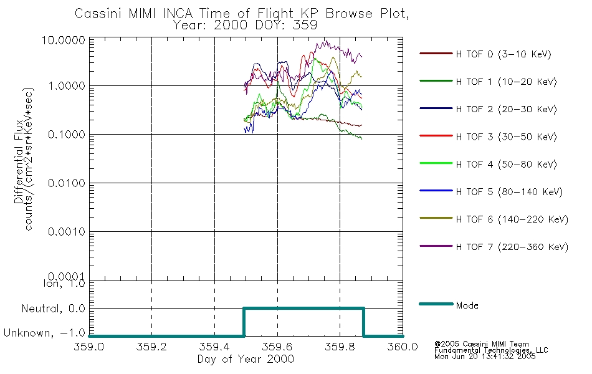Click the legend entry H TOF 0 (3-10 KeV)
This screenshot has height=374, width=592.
[504, 54]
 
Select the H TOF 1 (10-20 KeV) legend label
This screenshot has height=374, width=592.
[506, 82]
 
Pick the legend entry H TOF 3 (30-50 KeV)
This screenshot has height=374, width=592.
[506, 137]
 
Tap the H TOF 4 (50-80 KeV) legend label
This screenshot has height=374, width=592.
[506, 165]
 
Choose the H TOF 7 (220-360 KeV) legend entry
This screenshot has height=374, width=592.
[512, 247]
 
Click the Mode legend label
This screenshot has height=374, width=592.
[467, 305]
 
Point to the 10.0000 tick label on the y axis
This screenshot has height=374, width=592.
[64, 40]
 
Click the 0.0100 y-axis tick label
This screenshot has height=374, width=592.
[67, 183]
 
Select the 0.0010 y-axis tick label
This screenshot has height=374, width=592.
[67, 232]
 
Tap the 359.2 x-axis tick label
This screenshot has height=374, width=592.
[151, 347]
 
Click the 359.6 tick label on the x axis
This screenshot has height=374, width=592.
[277, 347]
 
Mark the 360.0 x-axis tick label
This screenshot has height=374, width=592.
[403, 347]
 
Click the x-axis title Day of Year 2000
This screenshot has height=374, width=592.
[246, 359]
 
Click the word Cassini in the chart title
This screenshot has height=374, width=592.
[98, 14]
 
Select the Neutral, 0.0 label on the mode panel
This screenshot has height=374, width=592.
[53, 309]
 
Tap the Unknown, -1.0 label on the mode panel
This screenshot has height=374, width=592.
[44, 333]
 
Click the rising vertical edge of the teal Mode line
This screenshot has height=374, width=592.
[244, 322]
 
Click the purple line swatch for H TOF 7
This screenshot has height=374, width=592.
[436, 246]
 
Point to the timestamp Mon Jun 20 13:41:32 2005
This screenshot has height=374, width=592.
[485, 357]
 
